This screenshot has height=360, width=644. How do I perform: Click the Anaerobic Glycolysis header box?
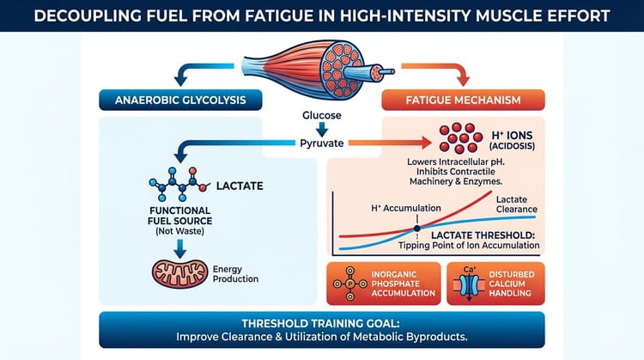180,101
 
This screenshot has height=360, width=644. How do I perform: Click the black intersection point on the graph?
418,227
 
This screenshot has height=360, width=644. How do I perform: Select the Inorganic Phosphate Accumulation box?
382,284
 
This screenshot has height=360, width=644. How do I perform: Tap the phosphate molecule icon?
351,285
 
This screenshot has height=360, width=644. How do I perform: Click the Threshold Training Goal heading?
322,320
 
